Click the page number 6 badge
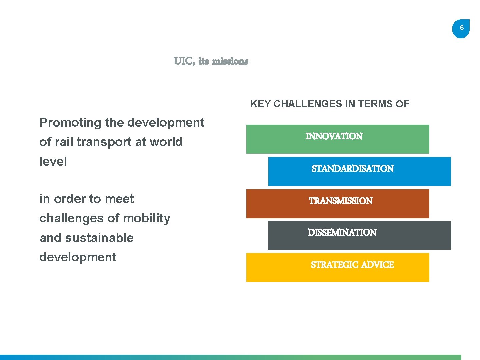pyautogui.click(x=461, y=28)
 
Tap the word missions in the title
pyautogui.click(x=230, y=61)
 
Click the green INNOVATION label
pyautogui.click(x=334, y=136)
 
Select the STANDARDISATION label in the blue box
pyautogui.click(x=353, y=169)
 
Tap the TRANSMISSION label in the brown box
pyautogui.click(x=341, y=201)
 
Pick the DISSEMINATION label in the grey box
pyautogui.click(x=342, y=232)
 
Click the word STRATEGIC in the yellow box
pyautogui.click(x=334, y=265)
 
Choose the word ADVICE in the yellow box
pyautogui.click(x=377, y=265)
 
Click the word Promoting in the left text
pyautogui.click(x=70, y=123)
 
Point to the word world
pyautogui.click(x=166, y=142)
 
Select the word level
pyautogui.click(x=53, y=162)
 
